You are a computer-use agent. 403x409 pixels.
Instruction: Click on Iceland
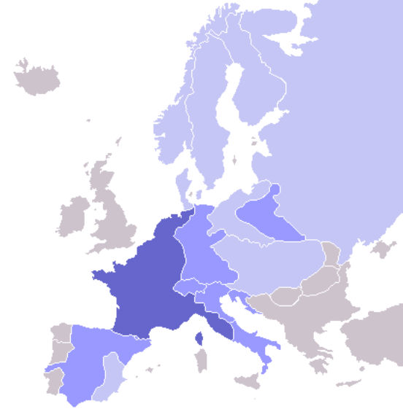[37, 76]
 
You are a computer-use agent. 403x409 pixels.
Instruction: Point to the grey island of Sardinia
[199, 362]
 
